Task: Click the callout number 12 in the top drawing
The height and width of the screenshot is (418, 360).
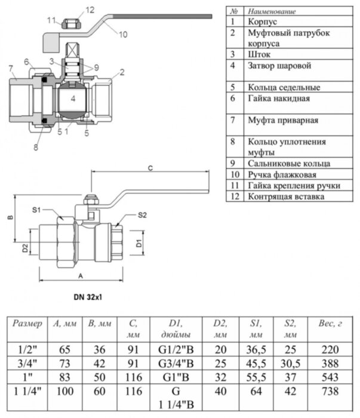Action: (x=90, y=10)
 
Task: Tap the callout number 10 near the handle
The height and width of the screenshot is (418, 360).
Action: (x=122, y=34)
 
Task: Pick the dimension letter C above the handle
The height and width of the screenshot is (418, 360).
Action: (x=150, y=169)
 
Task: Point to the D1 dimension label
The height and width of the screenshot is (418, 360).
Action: (x=138, y=243)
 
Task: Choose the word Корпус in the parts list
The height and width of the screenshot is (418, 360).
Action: (x=261, y=21)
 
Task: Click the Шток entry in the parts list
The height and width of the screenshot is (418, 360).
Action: (x=258, y=54)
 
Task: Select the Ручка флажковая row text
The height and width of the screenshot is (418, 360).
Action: (x=281, y=175)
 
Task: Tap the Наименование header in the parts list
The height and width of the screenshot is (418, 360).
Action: (x=271, y=11)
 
